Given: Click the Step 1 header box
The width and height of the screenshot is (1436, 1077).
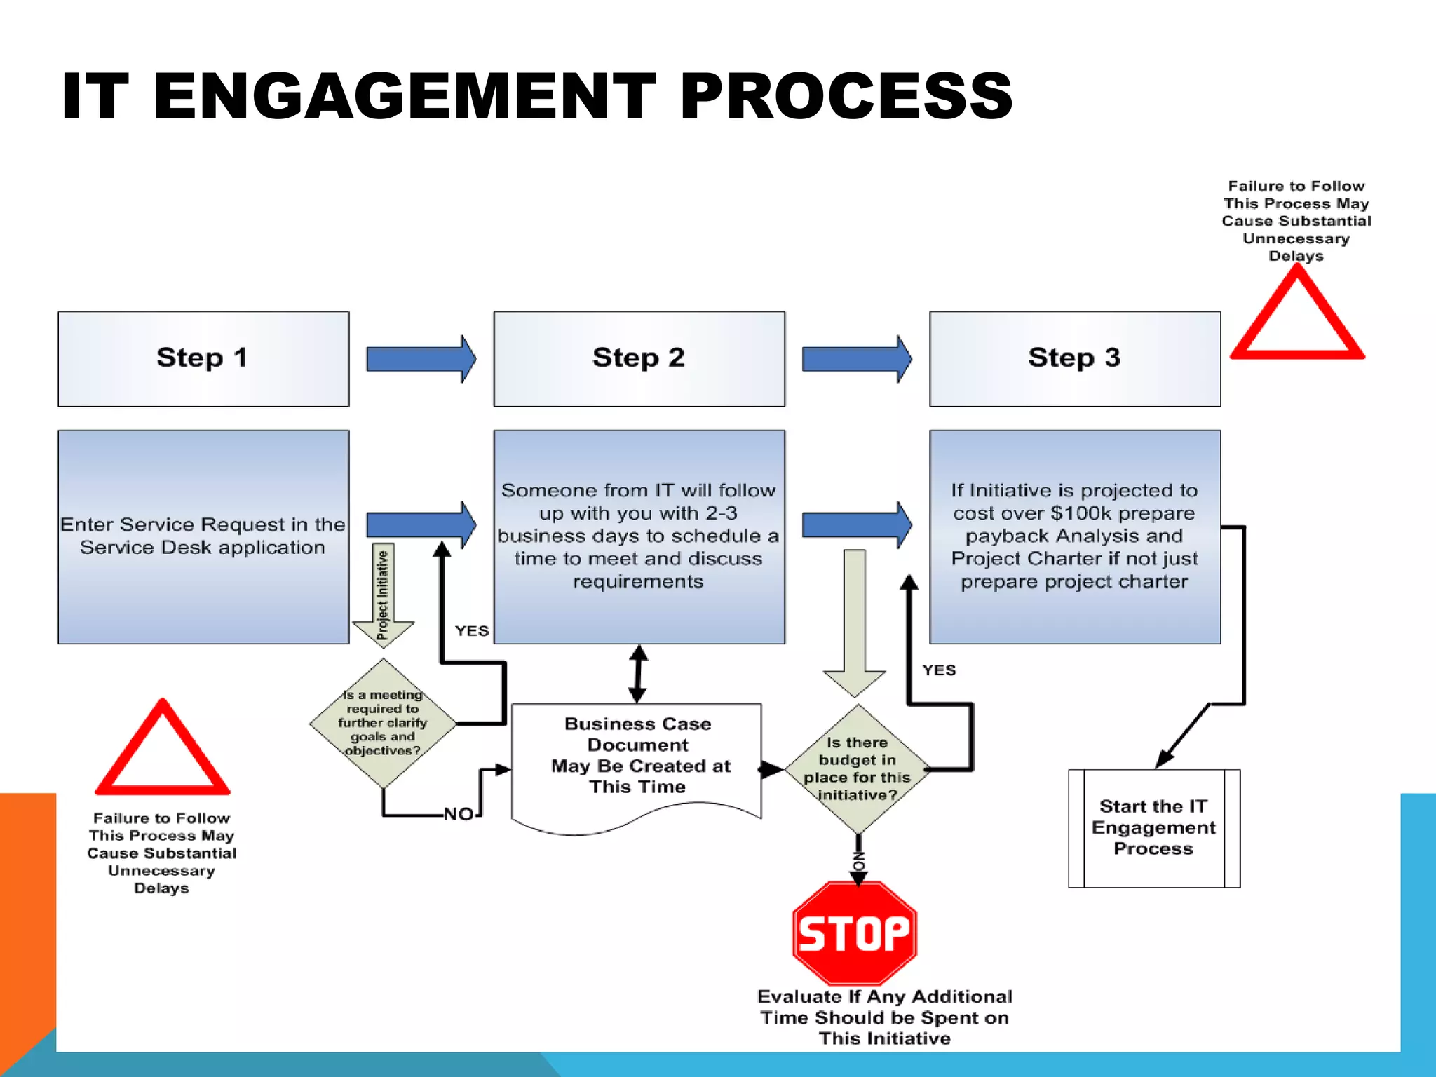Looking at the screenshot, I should point(203,358).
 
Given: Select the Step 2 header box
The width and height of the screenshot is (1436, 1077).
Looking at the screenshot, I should point(639,358).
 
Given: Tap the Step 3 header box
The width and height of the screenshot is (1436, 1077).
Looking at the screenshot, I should point(1074,358).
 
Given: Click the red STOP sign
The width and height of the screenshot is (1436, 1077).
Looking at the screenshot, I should point(854,933).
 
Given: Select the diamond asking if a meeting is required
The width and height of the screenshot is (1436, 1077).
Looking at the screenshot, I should point(383,723).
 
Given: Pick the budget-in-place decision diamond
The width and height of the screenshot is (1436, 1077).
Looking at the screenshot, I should point(857,769).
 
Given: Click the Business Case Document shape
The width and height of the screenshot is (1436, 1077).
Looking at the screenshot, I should point(637,761).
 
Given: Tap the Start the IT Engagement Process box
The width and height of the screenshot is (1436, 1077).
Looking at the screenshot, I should point(1153,828).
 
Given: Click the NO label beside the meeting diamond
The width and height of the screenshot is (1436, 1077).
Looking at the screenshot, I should point(459,814).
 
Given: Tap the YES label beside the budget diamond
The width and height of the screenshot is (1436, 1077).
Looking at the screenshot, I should point(939,670).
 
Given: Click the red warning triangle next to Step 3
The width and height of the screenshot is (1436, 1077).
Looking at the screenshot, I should point(1297,319).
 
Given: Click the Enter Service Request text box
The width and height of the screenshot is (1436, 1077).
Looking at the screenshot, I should point(203,536).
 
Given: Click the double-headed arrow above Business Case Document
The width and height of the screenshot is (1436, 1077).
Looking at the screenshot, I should point(638,674).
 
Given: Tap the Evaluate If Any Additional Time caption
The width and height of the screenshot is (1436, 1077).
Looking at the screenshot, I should point(884,1017).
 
